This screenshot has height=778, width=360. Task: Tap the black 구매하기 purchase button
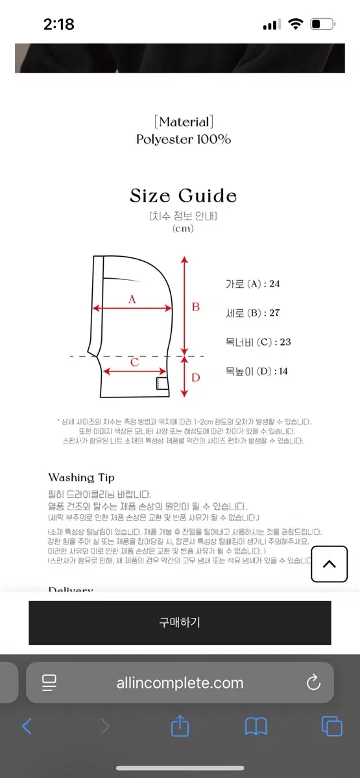coord(180,622)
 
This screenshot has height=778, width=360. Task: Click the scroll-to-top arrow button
coord(329,563)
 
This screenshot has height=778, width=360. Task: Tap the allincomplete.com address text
coord(180,682)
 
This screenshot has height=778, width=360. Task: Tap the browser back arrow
coord(27,726)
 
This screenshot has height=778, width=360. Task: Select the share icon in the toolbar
coord(180,726)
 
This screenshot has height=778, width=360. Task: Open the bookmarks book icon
coord(256,726)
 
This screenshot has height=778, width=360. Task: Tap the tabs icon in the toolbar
coord(331,726)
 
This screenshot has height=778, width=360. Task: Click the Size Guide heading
coord(183,196)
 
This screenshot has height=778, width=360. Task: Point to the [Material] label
coord(184,122)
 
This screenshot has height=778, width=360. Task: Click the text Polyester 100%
coord(184,139)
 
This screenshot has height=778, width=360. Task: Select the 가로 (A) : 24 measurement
coord(252,284)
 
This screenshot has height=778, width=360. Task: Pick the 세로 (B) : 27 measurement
coord(252,313)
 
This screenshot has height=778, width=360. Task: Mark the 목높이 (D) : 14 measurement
coord(256,371)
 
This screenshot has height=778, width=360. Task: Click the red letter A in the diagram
coord(132,299)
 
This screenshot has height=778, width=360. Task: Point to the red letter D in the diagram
coord(195,377)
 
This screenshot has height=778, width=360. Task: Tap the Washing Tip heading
coord(81,478)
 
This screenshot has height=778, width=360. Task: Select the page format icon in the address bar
coord(49,682)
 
